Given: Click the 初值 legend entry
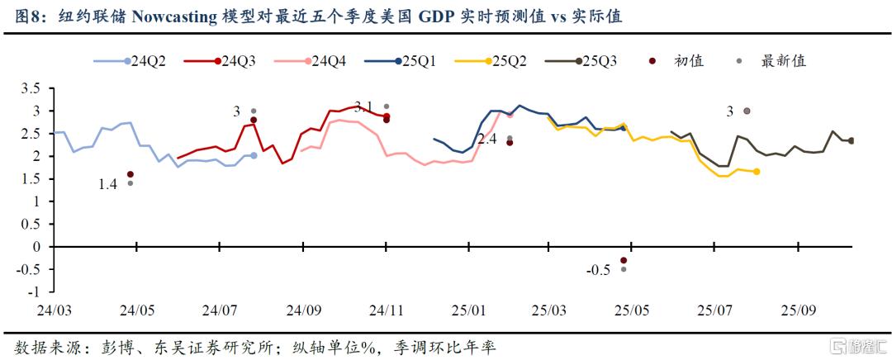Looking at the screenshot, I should click(x=682, y=61).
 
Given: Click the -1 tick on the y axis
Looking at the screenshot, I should click(x=34, y=291).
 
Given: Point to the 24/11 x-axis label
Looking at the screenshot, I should click(x=386, y=311).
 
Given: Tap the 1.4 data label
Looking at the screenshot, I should click(x=108, y=185).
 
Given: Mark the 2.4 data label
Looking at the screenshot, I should click(x=486, y=140).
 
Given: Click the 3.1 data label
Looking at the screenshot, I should click(x=363, y=106).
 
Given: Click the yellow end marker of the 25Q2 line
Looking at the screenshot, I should click(x=757, y=172).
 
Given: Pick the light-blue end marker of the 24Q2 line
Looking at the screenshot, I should click(x=254, y=155).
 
